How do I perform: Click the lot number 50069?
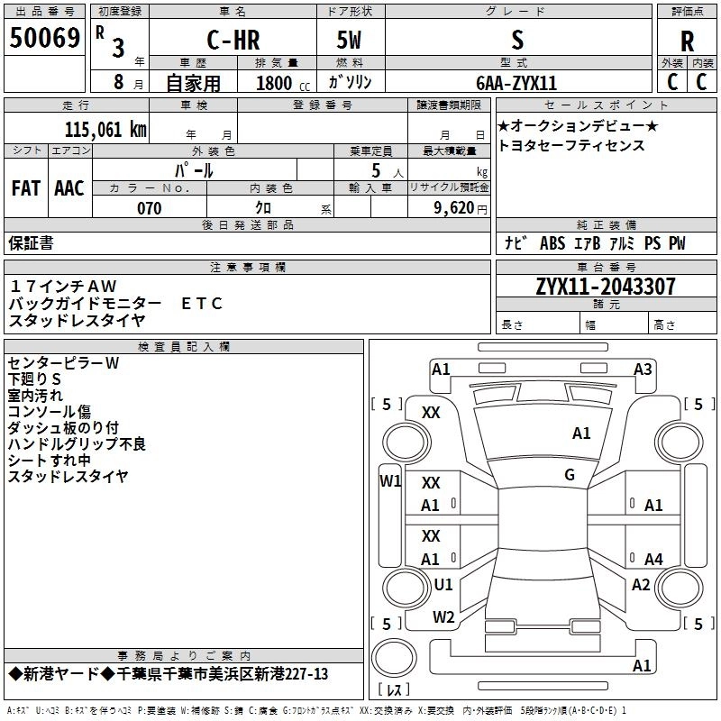coord(44,38)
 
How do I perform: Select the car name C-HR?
coord(233,40)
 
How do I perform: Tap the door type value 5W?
coord(349,40)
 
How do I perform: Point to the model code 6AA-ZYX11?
coord(516,83)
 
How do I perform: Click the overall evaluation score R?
coord(687,41)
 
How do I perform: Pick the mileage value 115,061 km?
coord(105,130)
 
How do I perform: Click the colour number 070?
coord(150,208)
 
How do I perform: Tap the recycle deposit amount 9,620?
coord(454,208)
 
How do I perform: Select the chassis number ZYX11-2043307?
coord(606,287)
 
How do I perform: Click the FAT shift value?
coord(26,188)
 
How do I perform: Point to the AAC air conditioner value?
coord(69,188)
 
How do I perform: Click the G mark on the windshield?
coord(570,475)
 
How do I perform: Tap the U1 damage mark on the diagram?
coord(443,584)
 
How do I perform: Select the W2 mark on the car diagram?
coord(443,617)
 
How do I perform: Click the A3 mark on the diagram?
coord(643,370)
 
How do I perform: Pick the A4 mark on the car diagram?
coord(653,559)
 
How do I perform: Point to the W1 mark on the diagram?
coord(390,481)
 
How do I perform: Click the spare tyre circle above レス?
coord(394,658)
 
